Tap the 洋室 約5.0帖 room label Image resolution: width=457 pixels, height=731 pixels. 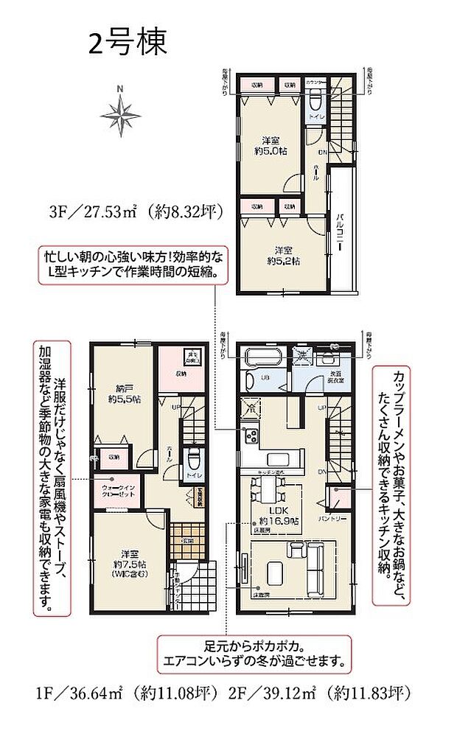pyautogui.click(x=271, y=144)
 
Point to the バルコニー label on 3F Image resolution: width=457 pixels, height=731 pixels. pyautogui.click(x=342, y=228)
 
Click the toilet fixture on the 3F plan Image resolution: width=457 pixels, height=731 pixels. pyautogui.click(x=313, y=102)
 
